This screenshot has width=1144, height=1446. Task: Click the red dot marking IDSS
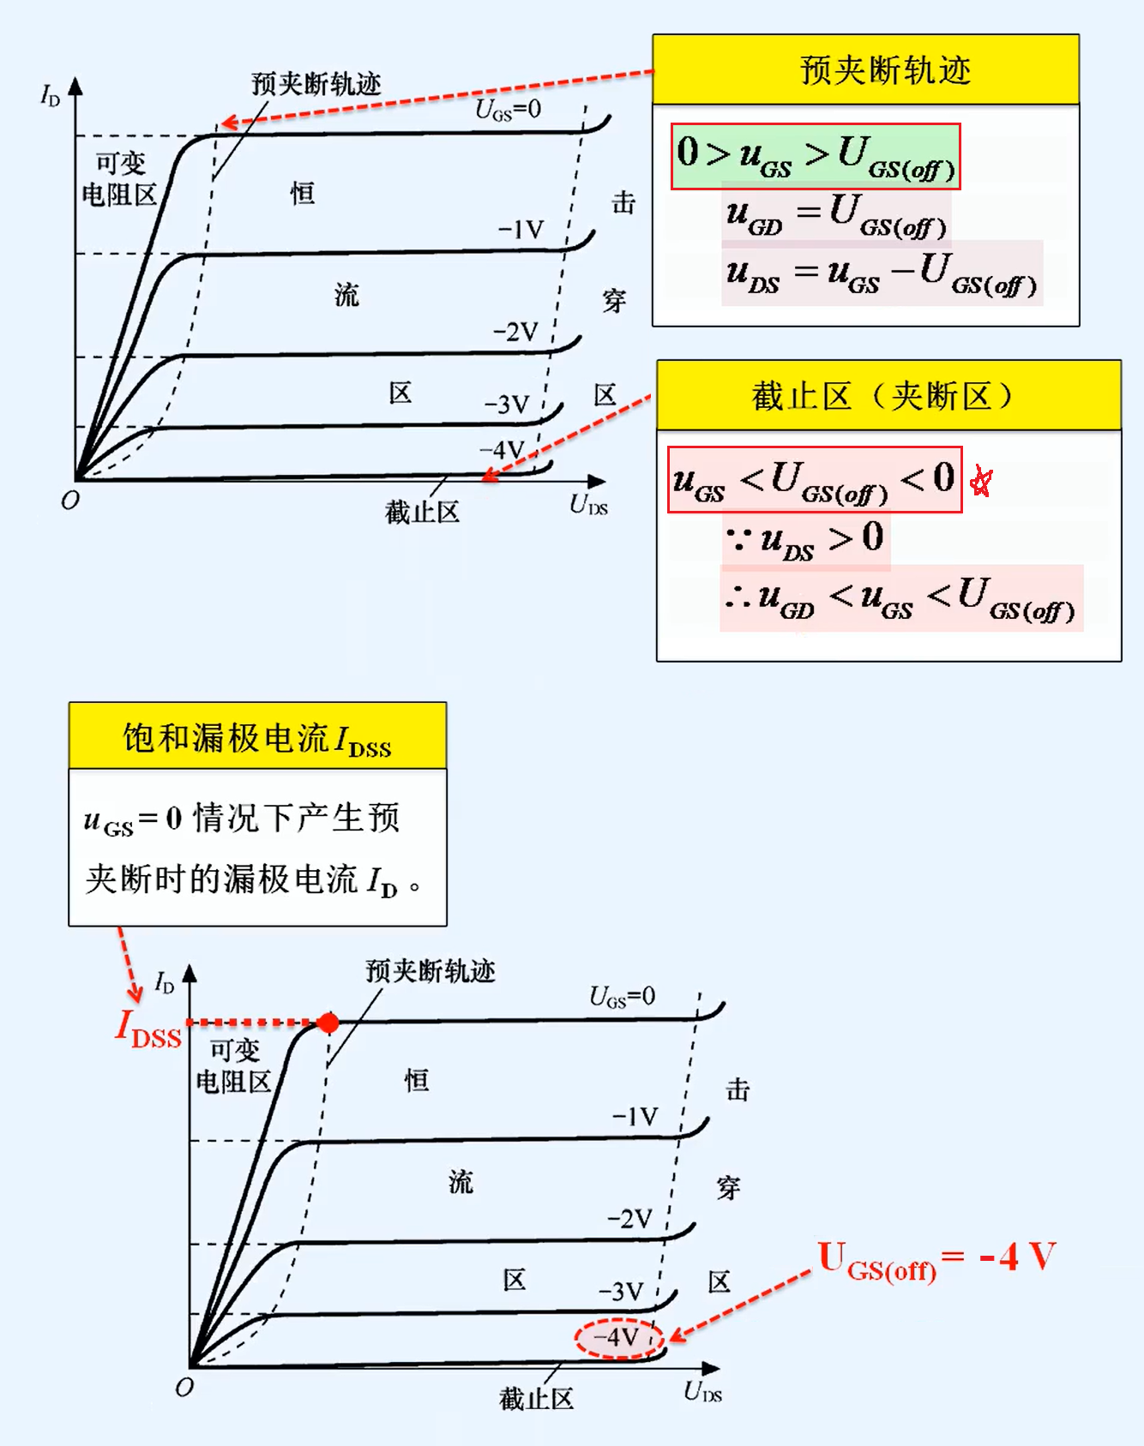(x=328, y=1022)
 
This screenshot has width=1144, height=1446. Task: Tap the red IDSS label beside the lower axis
(x=149, y=1029)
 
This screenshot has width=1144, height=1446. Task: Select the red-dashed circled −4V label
(x=618, y=1338)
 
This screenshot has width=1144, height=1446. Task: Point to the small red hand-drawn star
(x=981, y=483)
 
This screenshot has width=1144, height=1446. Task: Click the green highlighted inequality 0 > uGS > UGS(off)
(x=815, y=156)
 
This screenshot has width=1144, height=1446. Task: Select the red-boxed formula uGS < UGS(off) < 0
(x=814, y=480)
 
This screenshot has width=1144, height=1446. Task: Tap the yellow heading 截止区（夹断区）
(x=888, y=396)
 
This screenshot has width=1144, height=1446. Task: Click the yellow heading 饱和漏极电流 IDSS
(x=257, y=738)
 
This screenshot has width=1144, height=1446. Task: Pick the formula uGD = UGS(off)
(x=836, y=214)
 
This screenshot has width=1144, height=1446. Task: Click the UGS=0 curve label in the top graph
(x=509, y=110)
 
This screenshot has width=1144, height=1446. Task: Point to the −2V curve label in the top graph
(x=515, y=332)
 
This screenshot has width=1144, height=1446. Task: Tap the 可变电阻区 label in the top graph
(x=120, y=178)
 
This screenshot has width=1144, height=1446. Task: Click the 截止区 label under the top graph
(x=422, y=512)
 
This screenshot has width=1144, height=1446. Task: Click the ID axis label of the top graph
(x=51, y=95)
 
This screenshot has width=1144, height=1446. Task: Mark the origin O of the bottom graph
(x=184, y=1387)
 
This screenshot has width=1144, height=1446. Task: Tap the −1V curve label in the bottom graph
(x=635, y=1116)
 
